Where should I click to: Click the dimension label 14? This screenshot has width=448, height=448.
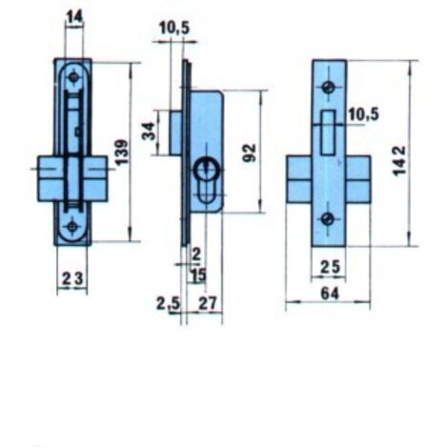(x=75, y=16)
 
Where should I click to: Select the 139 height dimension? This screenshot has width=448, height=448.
(x=122, y=153)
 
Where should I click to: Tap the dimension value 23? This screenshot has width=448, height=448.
(x=72, y=278)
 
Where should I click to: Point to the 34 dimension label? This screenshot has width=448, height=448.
(x=149, y=131)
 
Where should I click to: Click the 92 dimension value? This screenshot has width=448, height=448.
(x=250, y=153)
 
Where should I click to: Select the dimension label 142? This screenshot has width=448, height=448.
(x=399, y=160)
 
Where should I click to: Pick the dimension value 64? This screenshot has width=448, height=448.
(x=330, y=294)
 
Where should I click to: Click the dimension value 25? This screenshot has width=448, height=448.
(x=330, y=267)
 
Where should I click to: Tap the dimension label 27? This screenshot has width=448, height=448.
(x=207, y=303)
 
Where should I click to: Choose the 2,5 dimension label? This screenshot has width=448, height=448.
(x=168, y=304)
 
